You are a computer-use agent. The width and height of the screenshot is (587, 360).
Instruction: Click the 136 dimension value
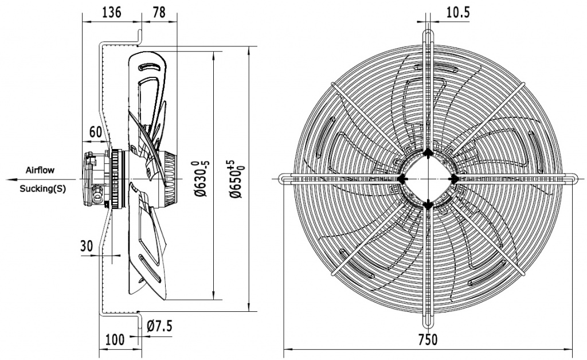coord(111,12)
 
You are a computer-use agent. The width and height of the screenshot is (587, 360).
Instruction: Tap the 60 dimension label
coord(96,131)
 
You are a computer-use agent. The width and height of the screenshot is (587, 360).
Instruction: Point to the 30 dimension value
coord(87,246)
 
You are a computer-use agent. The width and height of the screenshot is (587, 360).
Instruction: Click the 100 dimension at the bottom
coord(115,339)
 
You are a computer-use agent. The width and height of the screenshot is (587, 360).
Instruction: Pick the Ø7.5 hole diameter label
coord(159,326)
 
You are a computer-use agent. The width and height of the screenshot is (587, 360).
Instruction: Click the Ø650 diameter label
coord(236,178)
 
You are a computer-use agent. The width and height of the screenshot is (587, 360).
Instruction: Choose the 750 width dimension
coord(429,339)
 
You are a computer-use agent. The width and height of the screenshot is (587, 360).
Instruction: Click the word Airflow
coord(40,170)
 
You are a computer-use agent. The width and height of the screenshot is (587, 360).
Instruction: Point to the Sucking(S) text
coord(42,189)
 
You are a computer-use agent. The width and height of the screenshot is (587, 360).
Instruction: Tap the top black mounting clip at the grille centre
coord(429,153)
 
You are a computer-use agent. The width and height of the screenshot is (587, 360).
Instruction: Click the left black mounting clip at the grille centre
coord(403,179)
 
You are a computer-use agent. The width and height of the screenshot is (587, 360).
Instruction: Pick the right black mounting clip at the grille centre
coord(454,179)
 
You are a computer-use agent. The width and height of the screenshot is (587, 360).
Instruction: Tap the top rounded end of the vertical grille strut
coord(429,33)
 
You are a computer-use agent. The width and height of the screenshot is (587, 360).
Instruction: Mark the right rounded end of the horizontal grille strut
coord(574,179)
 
